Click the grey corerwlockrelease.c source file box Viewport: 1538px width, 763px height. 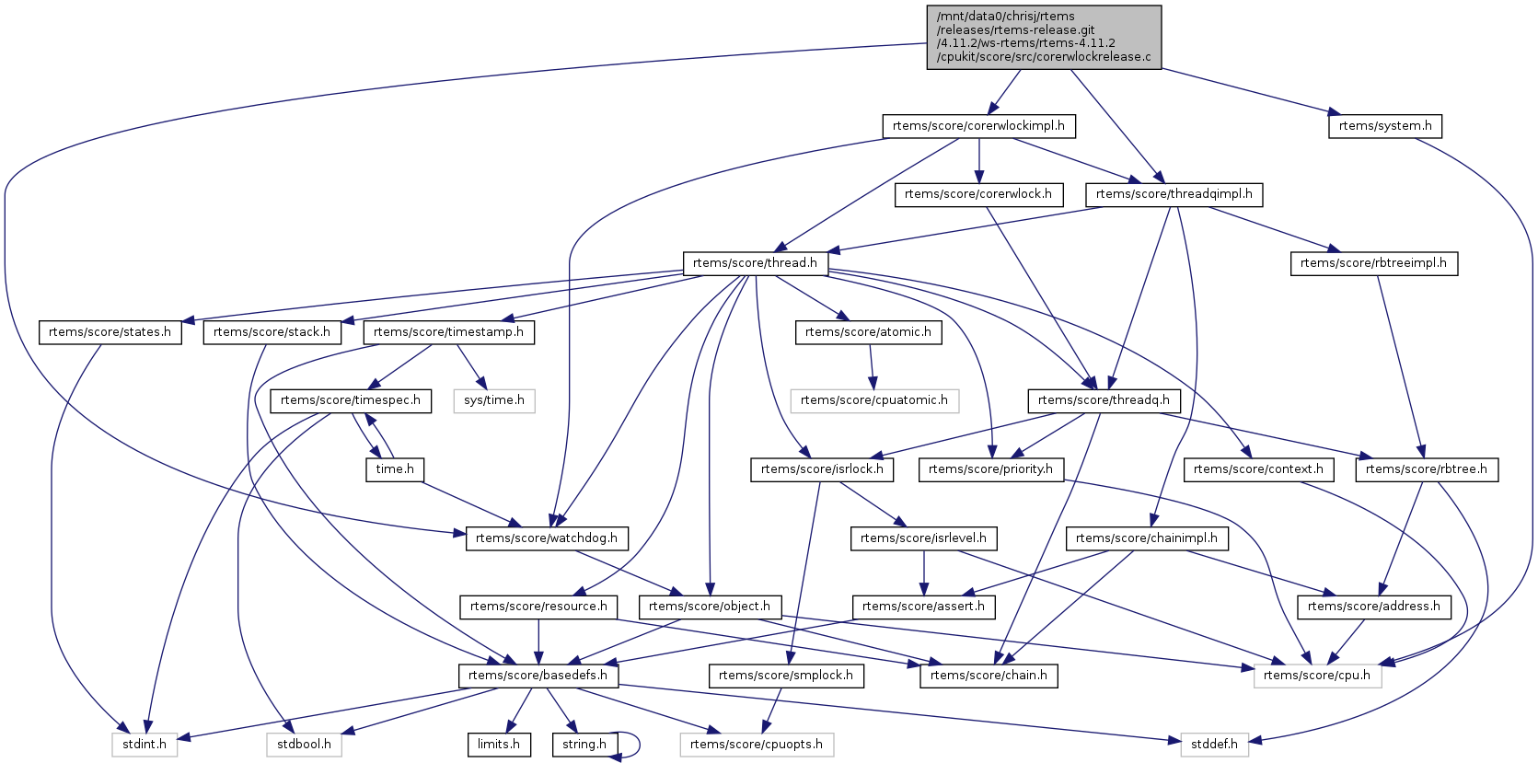coord(1044,37)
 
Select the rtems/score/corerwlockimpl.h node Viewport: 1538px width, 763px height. coord(978,126)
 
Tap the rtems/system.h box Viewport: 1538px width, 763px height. coord(1384,126)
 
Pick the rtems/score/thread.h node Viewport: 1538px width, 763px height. coord(755,263)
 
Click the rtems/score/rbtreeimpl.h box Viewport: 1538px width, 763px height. coord(1372,263)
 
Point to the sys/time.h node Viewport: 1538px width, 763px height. coord(493,400)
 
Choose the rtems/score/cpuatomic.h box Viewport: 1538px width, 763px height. coord(873,400)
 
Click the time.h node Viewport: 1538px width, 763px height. coord(395,469)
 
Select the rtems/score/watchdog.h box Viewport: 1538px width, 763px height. coord(547,538)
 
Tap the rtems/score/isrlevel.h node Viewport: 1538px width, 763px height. coord(923,538)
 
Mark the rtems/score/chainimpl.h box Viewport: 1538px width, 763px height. coord(1146,538)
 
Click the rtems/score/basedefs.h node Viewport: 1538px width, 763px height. coord(538,676)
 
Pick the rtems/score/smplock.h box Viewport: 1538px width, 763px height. coord(785,676)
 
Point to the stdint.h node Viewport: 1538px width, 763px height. coord(145,745)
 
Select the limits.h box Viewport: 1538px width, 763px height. coord(498,745)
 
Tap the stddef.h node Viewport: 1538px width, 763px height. coord(1214,745)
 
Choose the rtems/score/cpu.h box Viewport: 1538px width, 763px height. coord(1316,676)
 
